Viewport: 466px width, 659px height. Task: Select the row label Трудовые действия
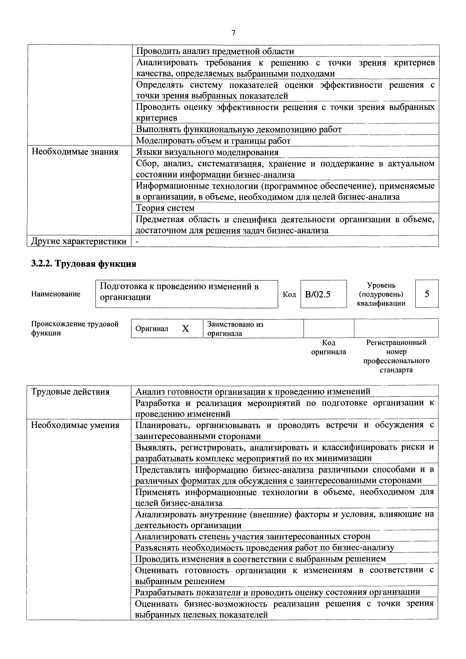pos(70,391)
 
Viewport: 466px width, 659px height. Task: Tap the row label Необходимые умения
pos(75,425)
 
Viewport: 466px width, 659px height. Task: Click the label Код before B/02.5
pos(289,294)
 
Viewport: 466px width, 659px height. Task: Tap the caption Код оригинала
pos(329,347)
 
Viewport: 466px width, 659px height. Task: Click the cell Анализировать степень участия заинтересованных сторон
pos(253,536)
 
